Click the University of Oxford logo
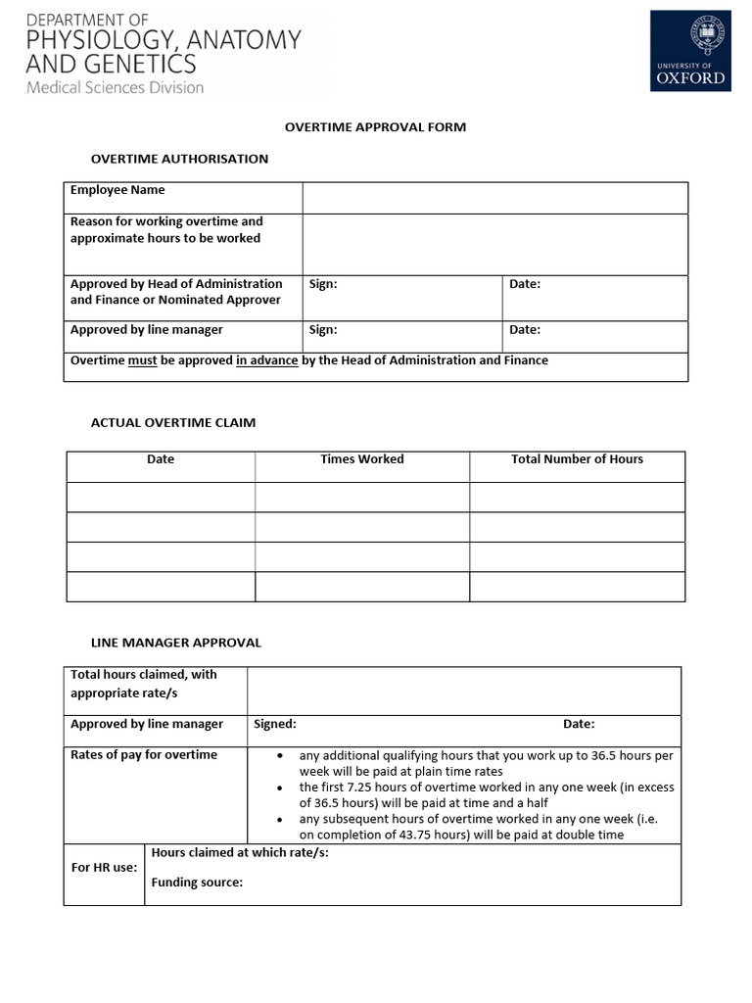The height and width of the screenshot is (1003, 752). point(690,51)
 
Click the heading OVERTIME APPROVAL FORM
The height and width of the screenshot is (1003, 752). point(375,127)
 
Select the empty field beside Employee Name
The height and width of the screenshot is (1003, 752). point(494,197)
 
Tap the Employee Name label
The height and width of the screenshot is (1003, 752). point(117,190)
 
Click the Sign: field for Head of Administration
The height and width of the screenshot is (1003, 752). point(401,297)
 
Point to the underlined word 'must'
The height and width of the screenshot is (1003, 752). point(142,360)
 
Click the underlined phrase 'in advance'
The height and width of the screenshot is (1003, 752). point(266,360)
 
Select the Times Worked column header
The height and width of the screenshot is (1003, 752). point(361,459)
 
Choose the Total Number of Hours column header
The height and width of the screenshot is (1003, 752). point(577,459)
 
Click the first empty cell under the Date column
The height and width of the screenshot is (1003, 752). point(161,497)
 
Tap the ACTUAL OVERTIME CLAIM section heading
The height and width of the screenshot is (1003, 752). point(173,423)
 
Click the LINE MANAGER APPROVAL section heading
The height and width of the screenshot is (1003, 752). point(176,644)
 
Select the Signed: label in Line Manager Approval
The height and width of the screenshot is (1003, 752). point(275,725)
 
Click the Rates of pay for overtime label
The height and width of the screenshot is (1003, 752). point(144,755)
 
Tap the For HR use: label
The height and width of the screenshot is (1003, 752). point(105,868)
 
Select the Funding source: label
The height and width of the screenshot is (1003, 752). point(197,883)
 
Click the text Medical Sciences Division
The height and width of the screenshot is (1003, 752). point(115,88)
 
